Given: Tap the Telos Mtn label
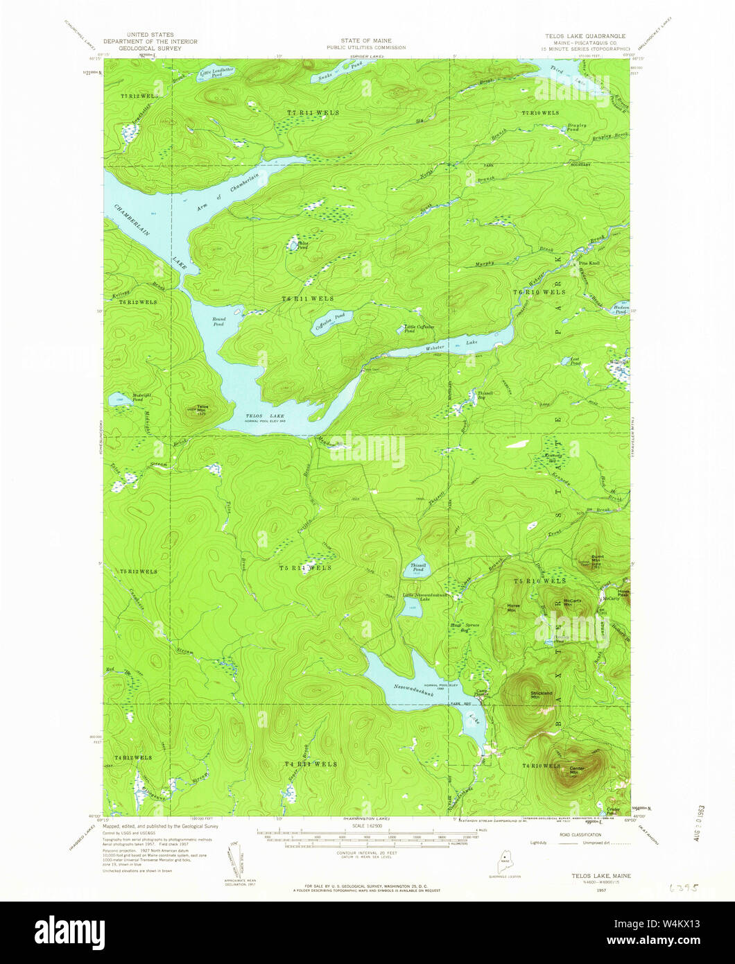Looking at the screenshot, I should tap(202, 408).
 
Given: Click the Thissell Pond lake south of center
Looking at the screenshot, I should tap(418, 568).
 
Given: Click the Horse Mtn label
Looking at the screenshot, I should tap(513, 606).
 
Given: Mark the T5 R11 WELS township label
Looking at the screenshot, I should tap(306, 567).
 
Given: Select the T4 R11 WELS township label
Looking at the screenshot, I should tap(311, 764).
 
